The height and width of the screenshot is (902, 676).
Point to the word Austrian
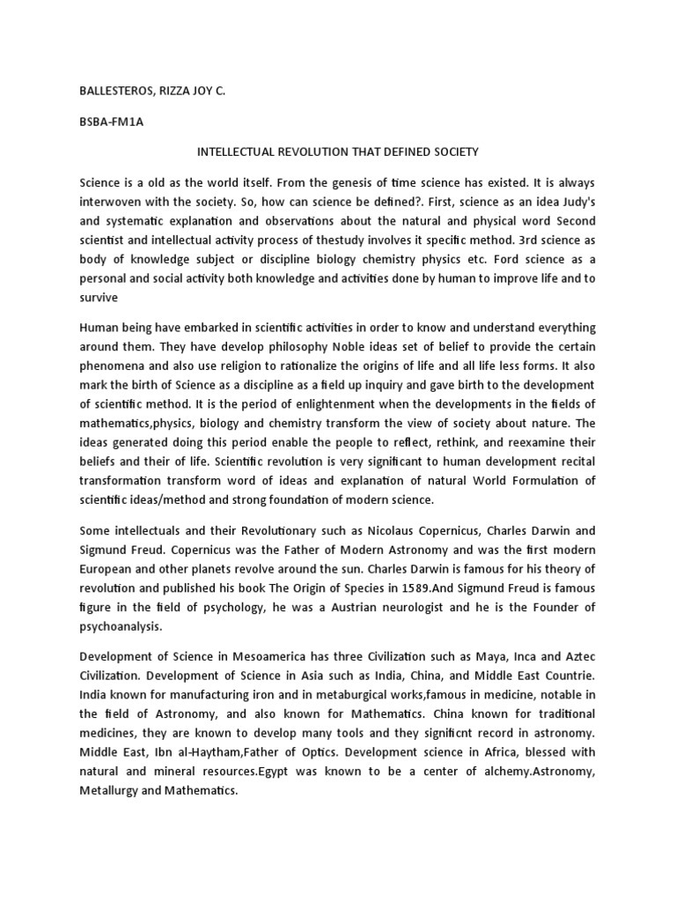374,609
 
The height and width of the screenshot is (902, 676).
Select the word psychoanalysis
122,628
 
